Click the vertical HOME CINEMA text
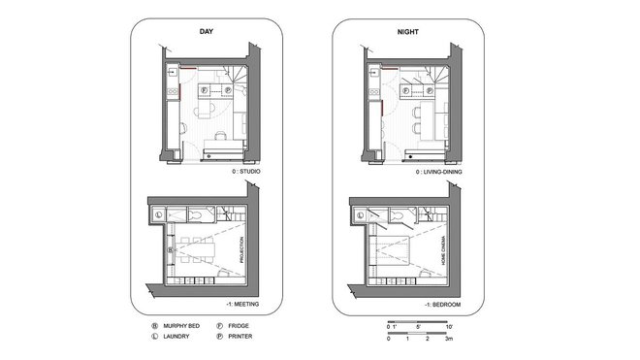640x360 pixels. coord(444,247)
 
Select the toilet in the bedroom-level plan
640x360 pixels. coord(395,214)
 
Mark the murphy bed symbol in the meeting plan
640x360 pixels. coord(171,249)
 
